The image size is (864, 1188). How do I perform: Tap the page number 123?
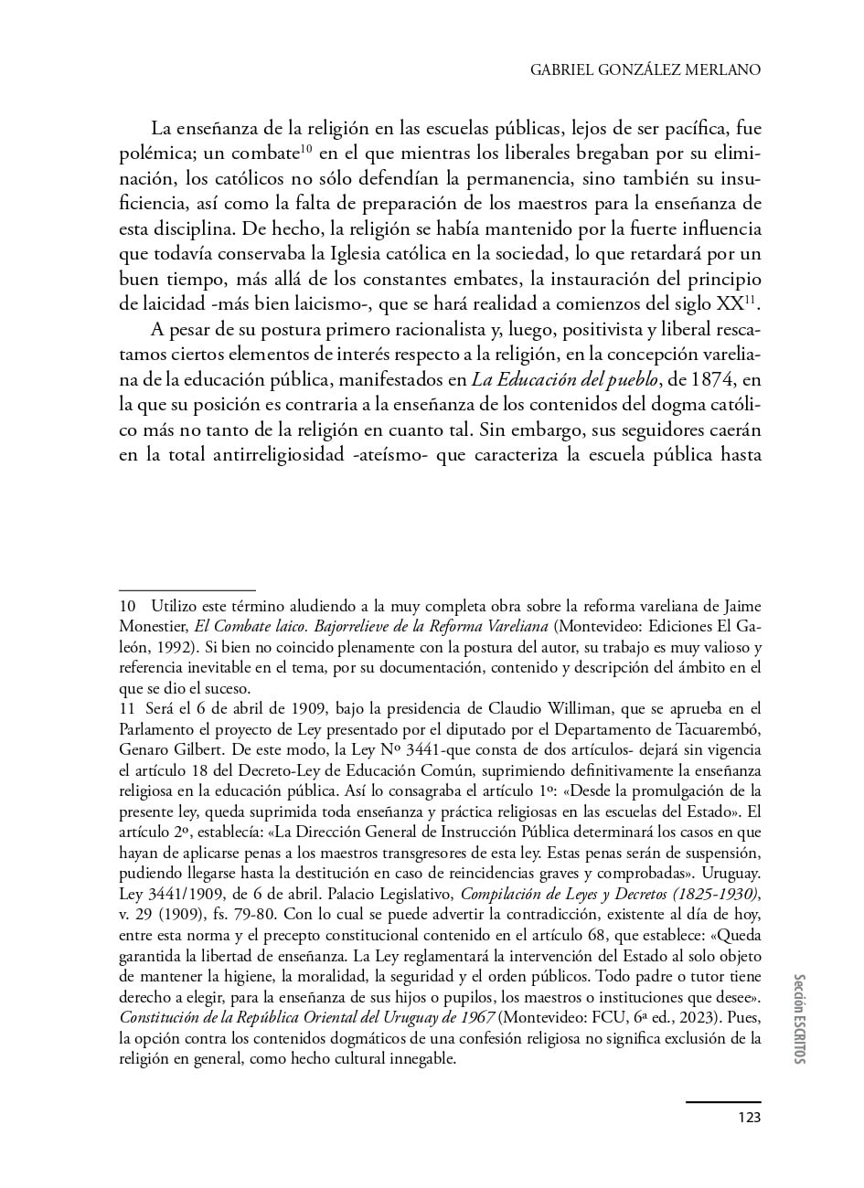tap(749, 1116)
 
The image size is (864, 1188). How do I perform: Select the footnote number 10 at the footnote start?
tap(127, 606)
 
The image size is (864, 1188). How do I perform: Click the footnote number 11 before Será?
tap(127, 708)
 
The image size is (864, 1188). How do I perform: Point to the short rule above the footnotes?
tap(187, 590)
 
